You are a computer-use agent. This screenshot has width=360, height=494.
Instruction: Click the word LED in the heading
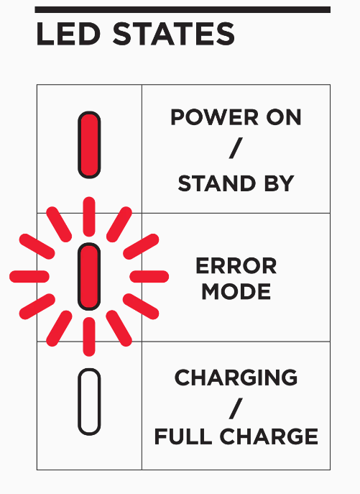coord(69,34)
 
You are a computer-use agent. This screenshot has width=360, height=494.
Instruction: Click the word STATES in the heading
coord(174,34)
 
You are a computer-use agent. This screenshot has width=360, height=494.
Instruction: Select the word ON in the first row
coord(284,117)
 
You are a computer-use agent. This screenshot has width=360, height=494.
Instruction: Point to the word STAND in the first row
coord(217,183)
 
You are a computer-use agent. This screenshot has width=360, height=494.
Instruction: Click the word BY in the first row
coord(279,183)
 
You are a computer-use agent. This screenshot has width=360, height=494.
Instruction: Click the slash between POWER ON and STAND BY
coord(236,147)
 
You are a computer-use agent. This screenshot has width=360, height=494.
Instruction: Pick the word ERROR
coord(236,266)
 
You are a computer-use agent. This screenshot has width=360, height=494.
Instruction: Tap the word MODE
coord(236,291)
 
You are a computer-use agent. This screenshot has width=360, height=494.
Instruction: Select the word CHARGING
coord(236,377)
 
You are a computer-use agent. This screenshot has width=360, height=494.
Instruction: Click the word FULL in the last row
coord(183,436)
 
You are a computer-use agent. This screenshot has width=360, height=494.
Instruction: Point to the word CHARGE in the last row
coord(269,436)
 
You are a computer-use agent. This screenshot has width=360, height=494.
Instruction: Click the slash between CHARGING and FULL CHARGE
coord(236,408)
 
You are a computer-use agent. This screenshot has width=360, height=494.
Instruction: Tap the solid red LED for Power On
coord(89,145)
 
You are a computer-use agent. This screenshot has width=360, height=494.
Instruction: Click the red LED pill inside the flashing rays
coord(89,276)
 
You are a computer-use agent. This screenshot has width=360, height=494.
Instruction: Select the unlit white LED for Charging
coord(89,402)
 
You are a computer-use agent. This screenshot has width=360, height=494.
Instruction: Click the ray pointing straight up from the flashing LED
coord(89,216)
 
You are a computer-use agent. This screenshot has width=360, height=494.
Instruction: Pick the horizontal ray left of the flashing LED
coord(29,276)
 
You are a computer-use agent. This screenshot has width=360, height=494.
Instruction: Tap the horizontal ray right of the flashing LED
coord(149,276)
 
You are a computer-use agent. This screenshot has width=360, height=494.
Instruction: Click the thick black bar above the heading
coord(183,10)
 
